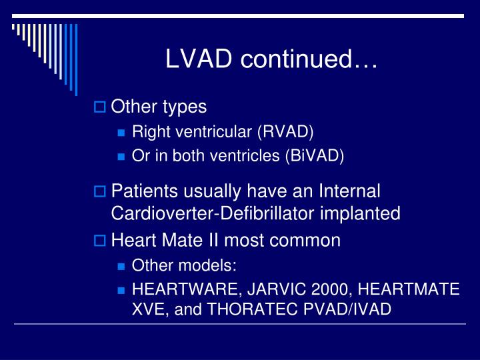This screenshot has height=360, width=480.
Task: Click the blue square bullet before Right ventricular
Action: [x=121, y=131]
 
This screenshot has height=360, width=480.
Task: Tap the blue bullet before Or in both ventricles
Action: [x=121, y=157]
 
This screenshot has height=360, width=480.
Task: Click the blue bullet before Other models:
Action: [x=121, y=266]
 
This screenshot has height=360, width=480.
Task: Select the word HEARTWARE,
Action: [x=177, y=290]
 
